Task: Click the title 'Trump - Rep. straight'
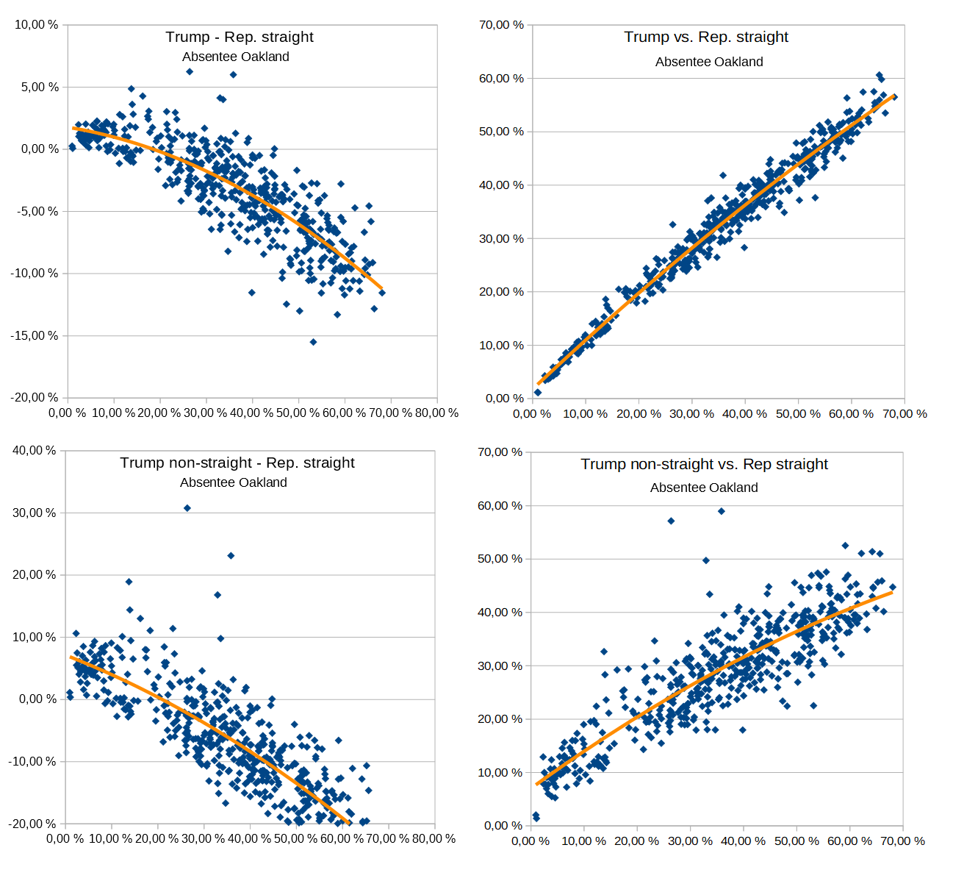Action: (x=240, y=37)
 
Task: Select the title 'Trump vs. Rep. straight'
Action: (x=706, y=37)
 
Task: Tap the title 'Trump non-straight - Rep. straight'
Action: (x=237, y=463)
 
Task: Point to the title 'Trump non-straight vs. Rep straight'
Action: (x=704, y=464)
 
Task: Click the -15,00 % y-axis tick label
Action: (x=35, y=335)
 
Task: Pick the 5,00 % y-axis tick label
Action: (x=37, y=87)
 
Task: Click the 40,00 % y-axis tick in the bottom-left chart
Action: (x=35, y=450)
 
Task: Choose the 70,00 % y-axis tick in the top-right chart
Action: (x=502, y=24)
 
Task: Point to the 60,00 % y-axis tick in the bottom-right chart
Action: (x=500, y=505)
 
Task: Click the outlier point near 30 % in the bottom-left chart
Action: (x=187, y=508)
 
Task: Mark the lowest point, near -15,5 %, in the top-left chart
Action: (x=313, y=342)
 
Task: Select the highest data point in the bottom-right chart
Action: (x=722, y=511)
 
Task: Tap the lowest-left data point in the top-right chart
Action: (x=538, y=393)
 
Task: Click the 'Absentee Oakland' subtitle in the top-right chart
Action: (x=709, y=62)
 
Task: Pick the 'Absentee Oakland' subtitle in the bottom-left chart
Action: (x=234, y=482)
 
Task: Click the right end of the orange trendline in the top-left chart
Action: (x=381, y=288)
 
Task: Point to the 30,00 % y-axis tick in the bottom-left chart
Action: (x=35, y=513)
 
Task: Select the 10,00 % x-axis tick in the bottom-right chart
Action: (x=583, y=841)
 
